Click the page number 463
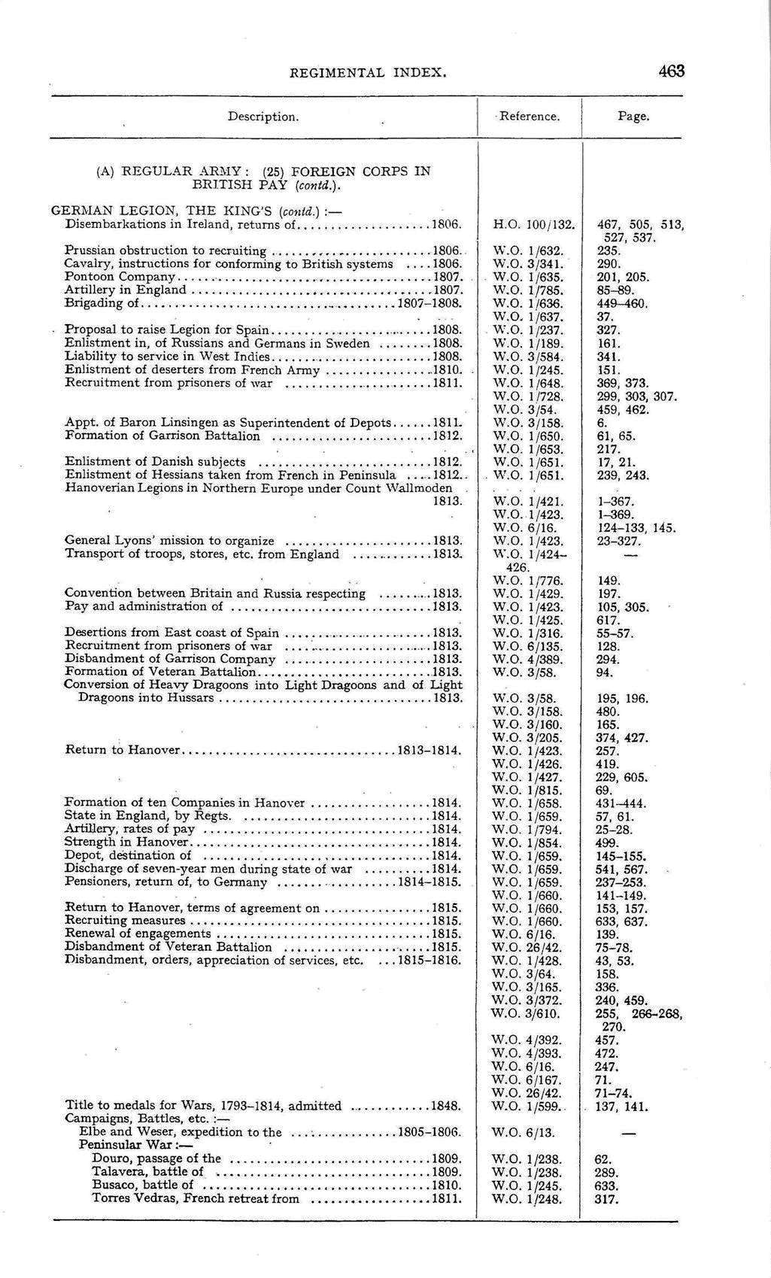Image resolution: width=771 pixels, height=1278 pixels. coord(670,71)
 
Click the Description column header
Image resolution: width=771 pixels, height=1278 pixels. coord(263,117)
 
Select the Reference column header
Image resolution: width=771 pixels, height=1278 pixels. coord(530,117)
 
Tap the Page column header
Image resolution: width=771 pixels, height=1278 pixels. coord(633,117)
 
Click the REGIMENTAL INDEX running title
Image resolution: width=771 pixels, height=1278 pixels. coord(369,73)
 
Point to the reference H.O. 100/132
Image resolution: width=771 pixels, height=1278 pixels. coord(533,224)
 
